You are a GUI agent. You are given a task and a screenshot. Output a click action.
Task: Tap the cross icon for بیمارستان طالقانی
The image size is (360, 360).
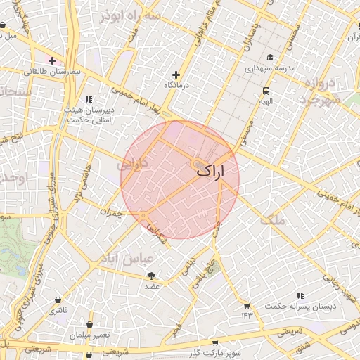pyautogui.click(x=52, y=60)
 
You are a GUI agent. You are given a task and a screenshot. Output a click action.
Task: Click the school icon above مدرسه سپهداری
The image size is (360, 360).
pyautogui.click(x=270, y=58)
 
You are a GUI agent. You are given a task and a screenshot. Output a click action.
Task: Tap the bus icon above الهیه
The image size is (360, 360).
pyautogui.click(x=266, y=91)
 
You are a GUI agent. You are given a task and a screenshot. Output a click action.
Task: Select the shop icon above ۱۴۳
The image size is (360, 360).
pyautogui.click(x=246, y=305)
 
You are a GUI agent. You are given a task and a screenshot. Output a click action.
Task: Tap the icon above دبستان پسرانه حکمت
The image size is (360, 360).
pyautogui.click(x=300, y=295)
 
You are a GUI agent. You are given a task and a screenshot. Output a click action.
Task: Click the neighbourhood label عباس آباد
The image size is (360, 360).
pyautogui.click(x=128, y=258)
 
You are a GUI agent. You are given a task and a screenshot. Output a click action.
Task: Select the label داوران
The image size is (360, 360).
pyautogui.click(x=132, y=166)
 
